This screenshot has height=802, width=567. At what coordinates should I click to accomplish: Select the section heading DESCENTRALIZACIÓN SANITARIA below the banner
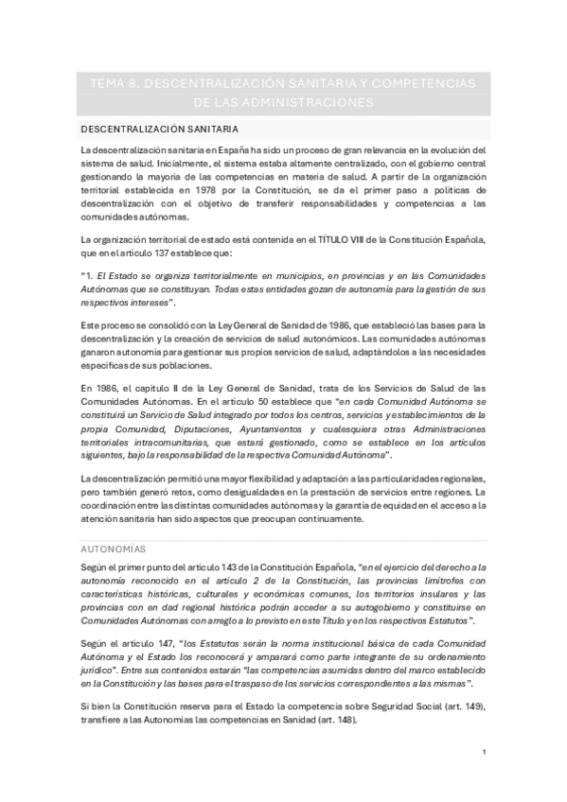(159, 128)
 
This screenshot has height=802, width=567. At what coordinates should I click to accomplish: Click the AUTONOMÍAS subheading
(115, 548)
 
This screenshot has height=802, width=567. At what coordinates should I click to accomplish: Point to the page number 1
(484, 752)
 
